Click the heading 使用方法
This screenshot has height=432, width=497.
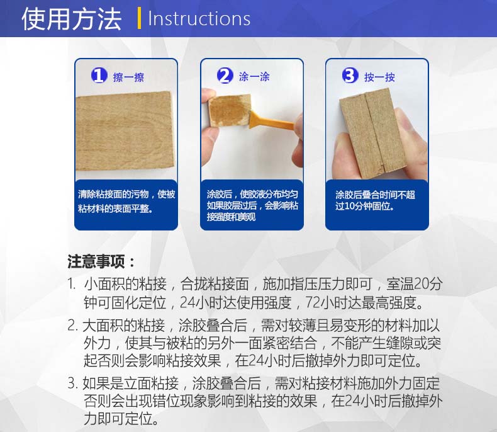[x=72, y=19]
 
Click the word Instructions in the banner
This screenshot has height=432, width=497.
[x=199, y=19]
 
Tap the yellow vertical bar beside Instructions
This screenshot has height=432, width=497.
[x=139, y=18]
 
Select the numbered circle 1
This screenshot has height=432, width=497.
[x=99, y=76]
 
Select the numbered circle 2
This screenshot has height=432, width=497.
[x=225, y=76]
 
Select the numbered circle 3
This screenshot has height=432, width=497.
[x=350, y=76]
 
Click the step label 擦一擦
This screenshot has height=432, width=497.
[x=128, y=77]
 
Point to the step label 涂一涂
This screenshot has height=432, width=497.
[x=254, y=77]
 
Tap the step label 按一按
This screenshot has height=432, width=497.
[x=379, y=77]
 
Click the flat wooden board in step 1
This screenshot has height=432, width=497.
[x=125, y=131]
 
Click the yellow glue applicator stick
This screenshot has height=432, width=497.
[x=272, y=121]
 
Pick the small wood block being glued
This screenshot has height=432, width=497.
[x=229, y=110]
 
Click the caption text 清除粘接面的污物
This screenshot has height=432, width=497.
[x=113, y=194]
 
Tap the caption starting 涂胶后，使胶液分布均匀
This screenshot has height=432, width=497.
[x=252, y=205]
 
